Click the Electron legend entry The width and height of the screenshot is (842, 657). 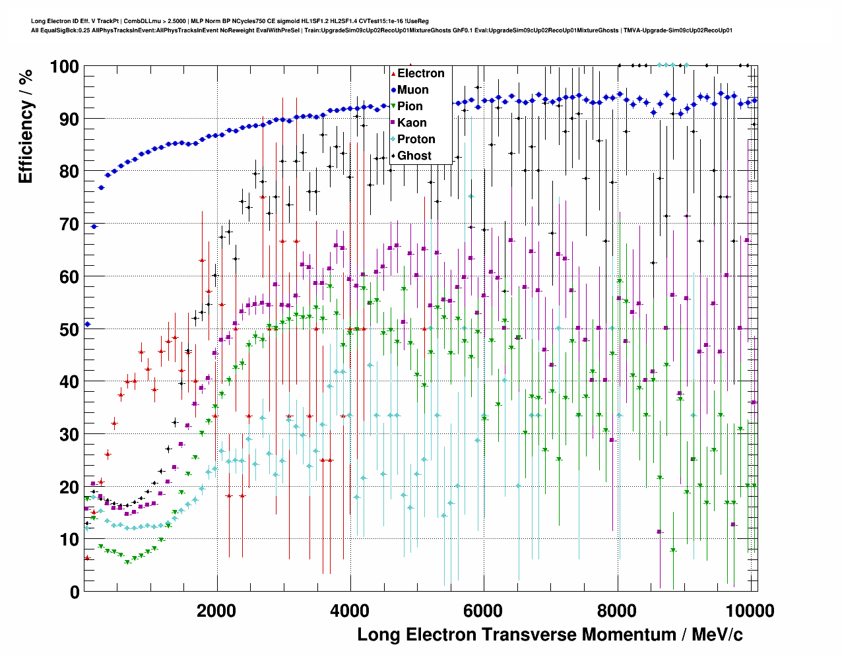point(420,73)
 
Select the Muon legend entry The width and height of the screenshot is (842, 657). point(412,90)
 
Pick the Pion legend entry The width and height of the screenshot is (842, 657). point(410,106)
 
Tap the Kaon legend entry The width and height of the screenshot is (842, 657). point(412,123)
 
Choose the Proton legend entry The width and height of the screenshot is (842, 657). point(416,139)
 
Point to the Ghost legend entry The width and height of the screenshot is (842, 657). point(414,156)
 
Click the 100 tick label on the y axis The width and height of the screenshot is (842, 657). point(64,67)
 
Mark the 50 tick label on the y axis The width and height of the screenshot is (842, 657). point(69,329)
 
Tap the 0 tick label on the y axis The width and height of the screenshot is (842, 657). point(74,592)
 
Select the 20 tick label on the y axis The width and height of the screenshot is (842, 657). point(69,487)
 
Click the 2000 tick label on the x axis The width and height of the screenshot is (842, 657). point(216,611)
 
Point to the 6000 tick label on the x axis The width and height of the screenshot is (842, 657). point(483,611)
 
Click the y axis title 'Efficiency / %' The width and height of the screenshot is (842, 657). point(25,125)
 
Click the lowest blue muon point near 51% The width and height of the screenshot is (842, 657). point(87,325)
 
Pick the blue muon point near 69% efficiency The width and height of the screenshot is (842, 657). point(94,226)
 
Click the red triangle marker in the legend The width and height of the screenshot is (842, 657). point(393,73)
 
